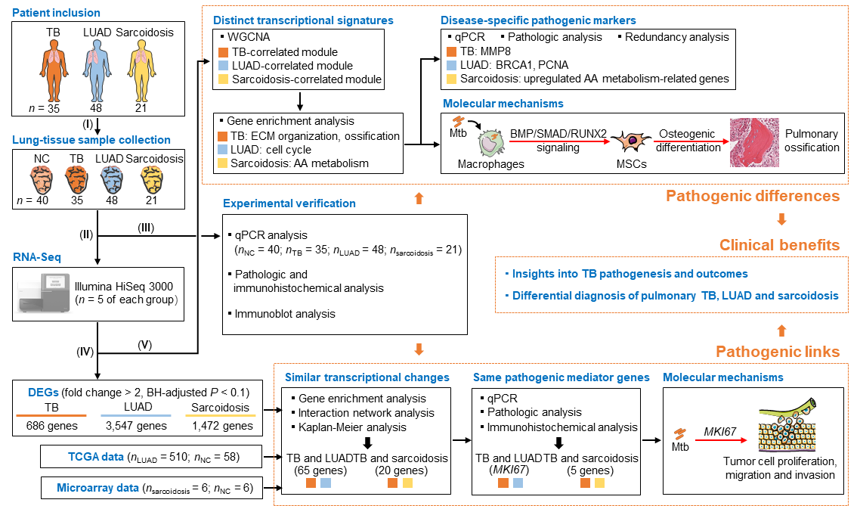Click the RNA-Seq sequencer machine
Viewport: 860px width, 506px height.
[x=44, y=293]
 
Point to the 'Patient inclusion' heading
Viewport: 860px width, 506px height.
[x=56, y=13]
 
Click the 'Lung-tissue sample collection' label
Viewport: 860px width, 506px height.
[x=91, y=140]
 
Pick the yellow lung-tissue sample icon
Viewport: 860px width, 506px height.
[x=153, y=179]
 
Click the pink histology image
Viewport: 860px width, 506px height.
[x=753, y=142]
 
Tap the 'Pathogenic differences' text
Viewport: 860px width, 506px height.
[x=753, y=197]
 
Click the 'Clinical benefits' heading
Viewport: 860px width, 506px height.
[x=779, y=245]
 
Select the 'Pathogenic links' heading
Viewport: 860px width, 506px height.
[x=778, y=352]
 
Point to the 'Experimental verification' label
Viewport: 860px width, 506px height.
[x=289, y=203]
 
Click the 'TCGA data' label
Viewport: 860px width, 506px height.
[x=96, y=457]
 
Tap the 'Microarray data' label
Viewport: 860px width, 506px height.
[x=97, y=488]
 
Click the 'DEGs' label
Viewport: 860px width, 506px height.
[x=43, y=393]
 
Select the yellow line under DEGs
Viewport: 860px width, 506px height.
[x=221, y=415]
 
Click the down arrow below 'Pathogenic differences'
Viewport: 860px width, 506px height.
[x=782, y=220]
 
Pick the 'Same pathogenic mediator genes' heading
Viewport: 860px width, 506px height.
[x=561, y=377]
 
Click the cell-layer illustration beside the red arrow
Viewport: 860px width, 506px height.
[x=787, y=428]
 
